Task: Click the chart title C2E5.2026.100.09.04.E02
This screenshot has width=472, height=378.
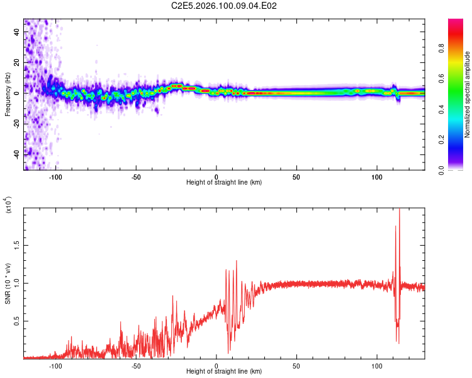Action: [225, 6]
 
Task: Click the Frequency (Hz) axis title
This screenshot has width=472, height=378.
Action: [7, 94]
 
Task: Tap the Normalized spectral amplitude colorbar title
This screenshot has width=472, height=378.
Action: [467, 94]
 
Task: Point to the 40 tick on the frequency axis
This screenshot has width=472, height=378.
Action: [16, 33]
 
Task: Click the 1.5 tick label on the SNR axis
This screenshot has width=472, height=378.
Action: [16, 244]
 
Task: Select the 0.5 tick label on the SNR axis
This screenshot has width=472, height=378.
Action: [16, 321]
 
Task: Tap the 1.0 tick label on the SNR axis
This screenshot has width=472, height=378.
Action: [16, 282]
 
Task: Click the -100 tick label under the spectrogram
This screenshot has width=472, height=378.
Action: [56, 176]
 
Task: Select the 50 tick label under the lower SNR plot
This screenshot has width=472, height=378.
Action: [296, 365]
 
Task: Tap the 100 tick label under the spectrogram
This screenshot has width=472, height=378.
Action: [377, 176]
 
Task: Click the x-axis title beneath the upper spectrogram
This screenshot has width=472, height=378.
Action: [224, 183]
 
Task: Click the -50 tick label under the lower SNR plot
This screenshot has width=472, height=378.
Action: [136, 365]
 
